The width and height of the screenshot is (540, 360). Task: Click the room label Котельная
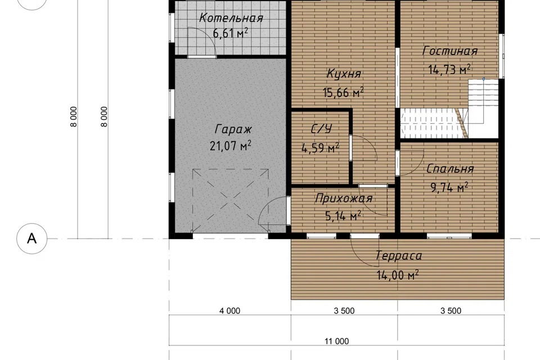[x=231, y=18]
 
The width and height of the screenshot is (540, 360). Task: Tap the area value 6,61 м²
[x=231, y=33]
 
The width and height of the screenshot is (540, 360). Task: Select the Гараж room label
[x=233, y=130]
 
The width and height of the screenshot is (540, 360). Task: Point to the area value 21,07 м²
[x=231, y=146]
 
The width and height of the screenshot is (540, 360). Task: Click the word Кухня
[x=344, y=74]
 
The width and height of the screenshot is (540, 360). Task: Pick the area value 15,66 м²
[x=343, y=92]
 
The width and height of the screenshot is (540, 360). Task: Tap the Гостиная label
[x=450, y=51]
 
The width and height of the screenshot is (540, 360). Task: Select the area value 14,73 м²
[x=449, y=70]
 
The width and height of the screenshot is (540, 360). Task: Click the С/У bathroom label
[x=321, y=129]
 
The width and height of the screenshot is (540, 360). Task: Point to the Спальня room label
[x=450, y=169]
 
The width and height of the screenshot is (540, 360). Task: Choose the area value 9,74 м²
[x=449, y=188]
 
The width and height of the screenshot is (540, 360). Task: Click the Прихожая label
[x=344, y=199]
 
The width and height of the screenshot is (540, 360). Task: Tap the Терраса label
[x=398, y=255]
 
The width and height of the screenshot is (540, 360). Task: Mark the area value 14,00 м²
[x=398, y=275]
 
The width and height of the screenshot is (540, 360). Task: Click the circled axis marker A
[x=31, y=238]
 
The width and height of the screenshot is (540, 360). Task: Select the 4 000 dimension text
[x=229, y=311]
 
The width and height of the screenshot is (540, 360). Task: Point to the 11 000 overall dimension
[x=337, y=341]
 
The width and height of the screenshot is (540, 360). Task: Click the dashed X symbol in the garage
[x=231, y=200]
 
